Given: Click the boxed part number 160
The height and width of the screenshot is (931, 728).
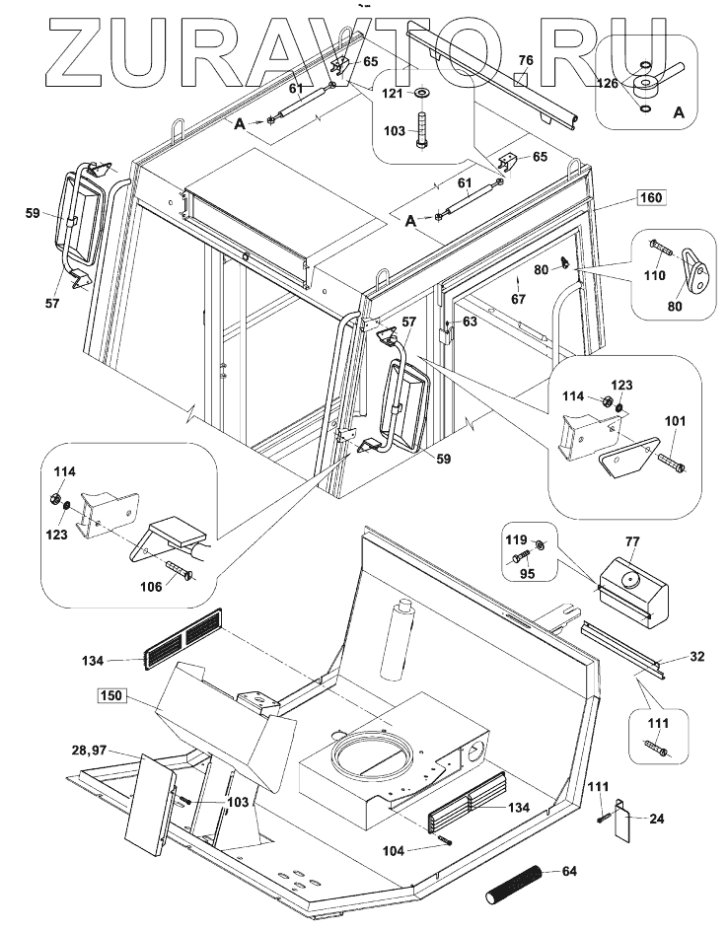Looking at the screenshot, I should [650, 196].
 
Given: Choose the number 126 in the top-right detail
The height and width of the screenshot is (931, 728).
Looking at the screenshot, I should [608, 83].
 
